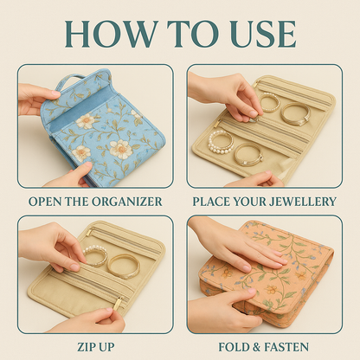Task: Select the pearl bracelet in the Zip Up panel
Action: point(94,255)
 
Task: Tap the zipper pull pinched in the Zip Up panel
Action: point(114,305)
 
